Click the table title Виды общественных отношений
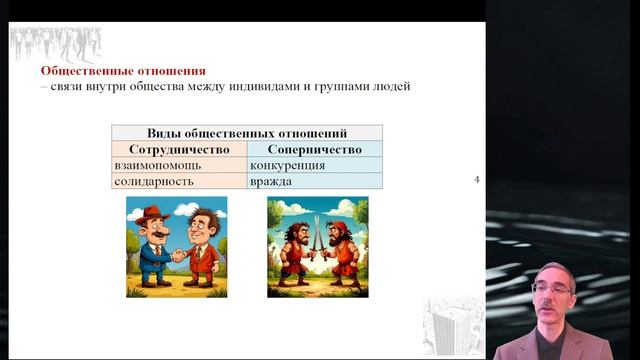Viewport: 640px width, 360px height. click(247, 132)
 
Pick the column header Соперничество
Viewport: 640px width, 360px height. click(314, 148)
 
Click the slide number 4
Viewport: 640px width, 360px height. click(477, 180)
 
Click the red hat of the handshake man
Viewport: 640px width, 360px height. click(153, 213)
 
